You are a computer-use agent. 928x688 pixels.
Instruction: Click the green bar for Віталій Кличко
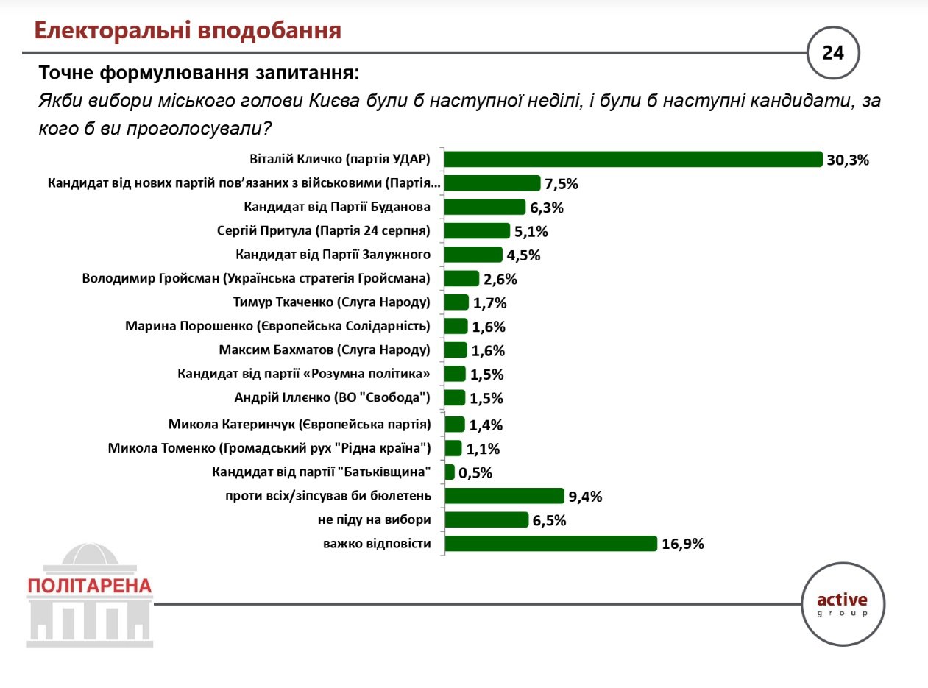click(x=633, y=159)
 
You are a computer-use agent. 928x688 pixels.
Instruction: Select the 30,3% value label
click(x=848, y=160)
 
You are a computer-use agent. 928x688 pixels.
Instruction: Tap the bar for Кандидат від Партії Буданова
click(x=485, y=207)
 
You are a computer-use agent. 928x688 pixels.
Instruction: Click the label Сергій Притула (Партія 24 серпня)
click(x=324, y=231)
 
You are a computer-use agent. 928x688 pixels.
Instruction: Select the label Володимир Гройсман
click(x=255, y=279)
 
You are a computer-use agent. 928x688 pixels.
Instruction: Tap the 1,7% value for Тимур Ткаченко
click(x=490, y=303)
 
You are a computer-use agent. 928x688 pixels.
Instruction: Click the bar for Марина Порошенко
click(x=456, y=326)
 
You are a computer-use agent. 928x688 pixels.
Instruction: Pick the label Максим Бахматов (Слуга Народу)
click(x=325, y=350)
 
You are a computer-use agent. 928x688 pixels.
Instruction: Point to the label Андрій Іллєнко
click(x=332, y=398)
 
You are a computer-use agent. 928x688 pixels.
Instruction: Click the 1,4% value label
click(x=486, y=425)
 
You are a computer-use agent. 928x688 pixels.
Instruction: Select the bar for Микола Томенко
click(x=453, y=448)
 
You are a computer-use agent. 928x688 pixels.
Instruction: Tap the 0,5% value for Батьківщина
click(x=475, y=472)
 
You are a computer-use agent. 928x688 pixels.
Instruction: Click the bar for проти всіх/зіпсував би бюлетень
click(x=504, y=496)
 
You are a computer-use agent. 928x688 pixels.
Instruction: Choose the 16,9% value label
click(x=684, y=545)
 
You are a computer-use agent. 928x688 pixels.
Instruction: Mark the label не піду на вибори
click(x=374, y=520)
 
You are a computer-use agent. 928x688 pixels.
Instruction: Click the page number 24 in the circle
click(x=833, y=53)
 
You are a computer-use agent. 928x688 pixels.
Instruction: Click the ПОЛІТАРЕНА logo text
click(x=90, y=586)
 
